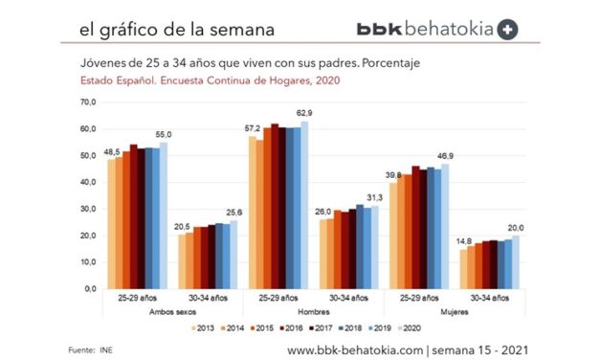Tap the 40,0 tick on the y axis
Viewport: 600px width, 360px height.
point(87,181)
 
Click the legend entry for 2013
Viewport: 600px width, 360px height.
point(201,328)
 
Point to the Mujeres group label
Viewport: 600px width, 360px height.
point(481,313)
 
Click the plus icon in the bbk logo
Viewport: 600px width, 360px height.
point(508,29)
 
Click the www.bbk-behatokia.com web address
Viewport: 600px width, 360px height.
point(353,349)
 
